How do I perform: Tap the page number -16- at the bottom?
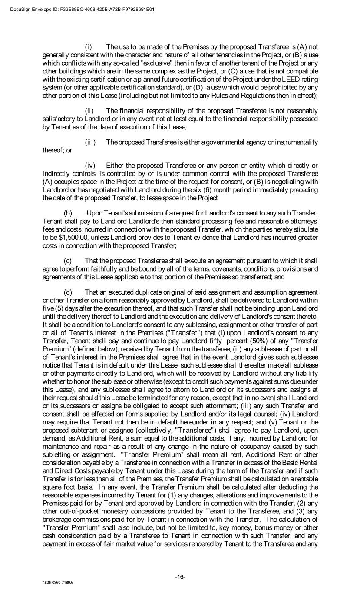pyautogui.click(x=180, y=577)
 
